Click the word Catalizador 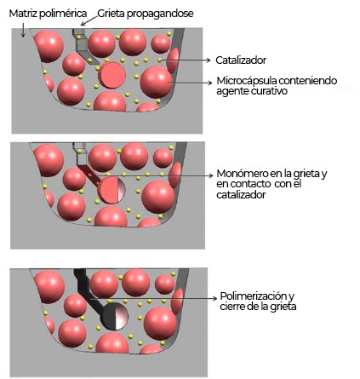[241, 60]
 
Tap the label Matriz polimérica [49, 14]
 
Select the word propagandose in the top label [160, 14]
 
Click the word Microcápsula [247, 81]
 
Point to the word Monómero [239, 174]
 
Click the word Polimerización [254, 296]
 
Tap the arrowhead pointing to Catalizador [209, 60]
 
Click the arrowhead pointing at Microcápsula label [210, 83]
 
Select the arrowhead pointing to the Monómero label [210, 175]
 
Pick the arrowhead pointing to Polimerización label [214, 298]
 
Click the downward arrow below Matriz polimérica [23, 30]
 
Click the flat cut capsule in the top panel [112, 75]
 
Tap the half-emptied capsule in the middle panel [111, 190]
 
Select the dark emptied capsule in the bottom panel [115, 316]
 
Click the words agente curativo [252, 91]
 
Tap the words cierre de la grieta [258, 307]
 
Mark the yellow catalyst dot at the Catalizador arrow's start [160, 60]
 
